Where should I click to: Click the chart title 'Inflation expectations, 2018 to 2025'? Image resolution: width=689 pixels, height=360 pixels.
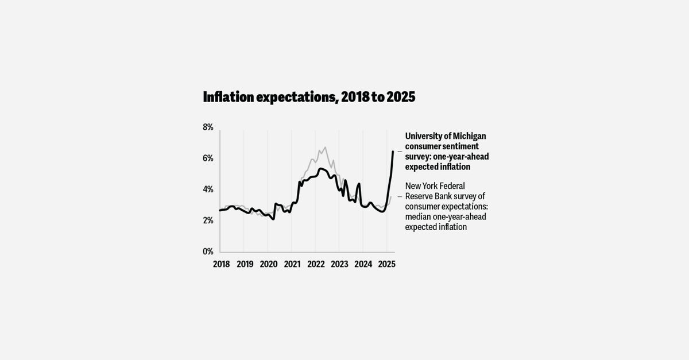309,97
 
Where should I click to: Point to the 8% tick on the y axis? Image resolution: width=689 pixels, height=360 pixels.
208,127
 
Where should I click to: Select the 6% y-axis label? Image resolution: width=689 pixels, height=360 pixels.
208,158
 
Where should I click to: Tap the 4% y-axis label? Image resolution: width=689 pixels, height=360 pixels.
208,189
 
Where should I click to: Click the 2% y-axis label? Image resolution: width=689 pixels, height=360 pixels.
208,220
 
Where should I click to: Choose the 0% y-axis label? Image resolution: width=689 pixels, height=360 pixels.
208,251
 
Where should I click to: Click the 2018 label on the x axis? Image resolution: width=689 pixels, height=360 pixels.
221,264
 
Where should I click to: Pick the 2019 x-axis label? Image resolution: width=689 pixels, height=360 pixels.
245,264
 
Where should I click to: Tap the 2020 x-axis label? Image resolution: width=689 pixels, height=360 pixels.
268,264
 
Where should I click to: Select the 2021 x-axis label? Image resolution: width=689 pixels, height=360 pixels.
292,264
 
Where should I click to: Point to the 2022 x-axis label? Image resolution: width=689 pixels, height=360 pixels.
316,264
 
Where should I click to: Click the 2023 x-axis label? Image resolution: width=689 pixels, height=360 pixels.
339,264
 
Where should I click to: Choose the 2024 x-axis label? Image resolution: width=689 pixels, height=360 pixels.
363,264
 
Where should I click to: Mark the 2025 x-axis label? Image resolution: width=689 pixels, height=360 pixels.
386,264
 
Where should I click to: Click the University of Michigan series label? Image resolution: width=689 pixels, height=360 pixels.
447,152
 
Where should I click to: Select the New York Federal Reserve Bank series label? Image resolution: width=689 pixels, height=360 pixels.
446,206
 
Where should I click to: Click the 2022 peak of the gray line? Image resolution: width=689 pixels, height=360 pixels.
325,148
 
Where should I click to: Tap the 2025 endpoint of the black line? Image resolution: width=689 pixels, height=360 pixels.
393,152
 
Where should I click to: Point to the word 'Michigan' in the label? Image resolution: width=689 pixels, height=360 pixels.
466,136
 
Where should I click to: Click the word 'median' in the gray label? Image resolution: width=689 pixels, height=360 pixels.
419,216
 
